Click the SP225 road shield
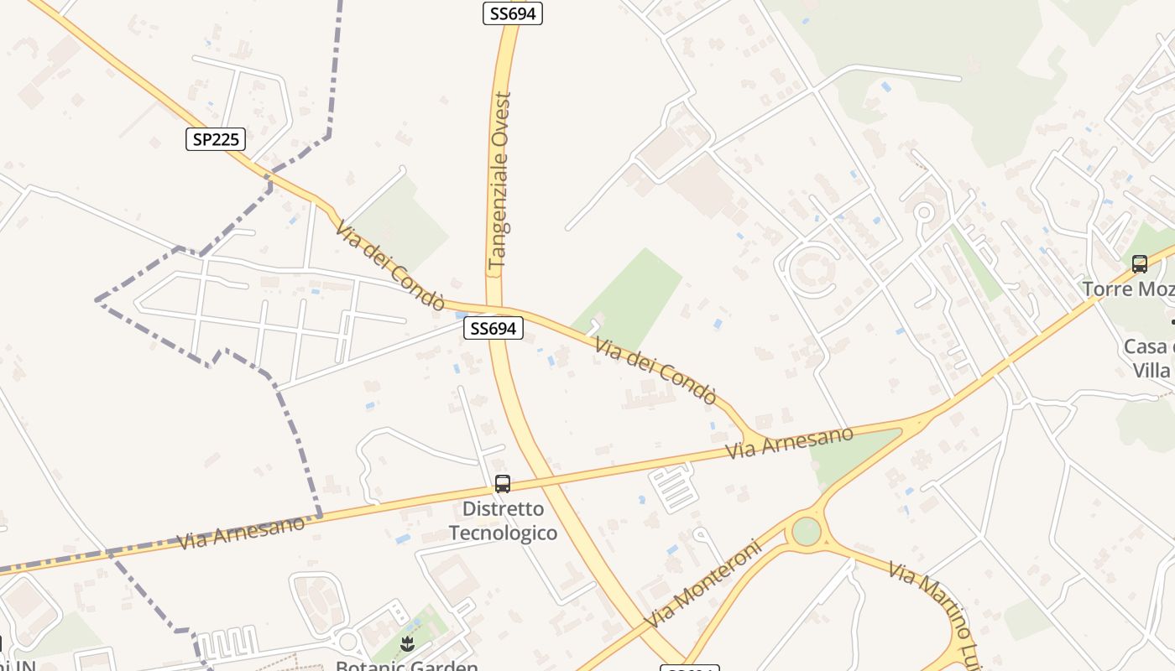[216, 139]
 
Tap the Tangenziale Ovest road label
[501, 180]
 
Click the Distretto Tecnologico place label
[503, 521]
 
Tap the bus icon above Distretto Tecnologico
[503, 484]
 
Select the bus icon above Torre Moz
[1140, 264]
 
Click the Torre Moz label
[1128, 289]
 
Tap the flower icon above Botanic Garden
[408, 643]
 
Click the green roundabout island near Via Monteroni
[806, 531]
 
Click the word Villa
[1151, 370]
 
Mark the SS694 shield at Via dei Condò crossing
[493, 329]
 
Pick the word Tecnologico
[503, 533]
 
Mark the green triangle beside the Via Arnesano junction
[852, 454]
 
